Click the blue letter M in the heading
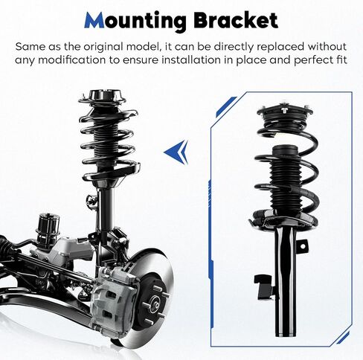[94, 20]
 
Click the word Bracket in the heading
[236, 20]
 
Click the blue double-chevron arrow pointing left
[177, 152]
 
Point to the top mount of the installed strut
[102, 98]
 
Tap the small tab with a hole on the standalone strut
[303, 246]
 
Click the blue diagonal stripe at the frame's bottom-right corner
[343, 338]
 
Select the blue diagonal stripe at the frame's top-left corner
[225, 106]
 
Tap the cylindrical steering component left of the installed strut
[48, 227]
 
